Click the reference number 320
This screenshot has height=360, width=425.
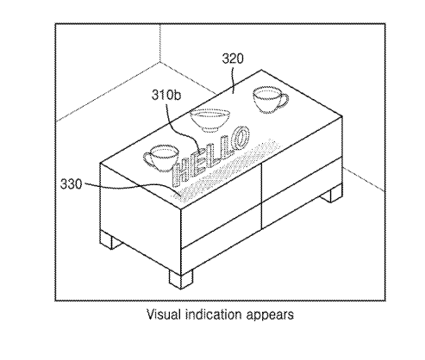(x=233, y=59)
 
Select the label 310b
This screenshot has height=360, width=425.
(x=166, y=95)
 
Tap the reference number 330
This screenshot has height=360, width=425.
(x=71, y=184)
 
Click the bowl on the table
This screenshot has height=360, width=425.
(x=210, y=121)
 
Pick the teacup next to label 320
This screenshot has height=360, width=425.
(x=270, y=100)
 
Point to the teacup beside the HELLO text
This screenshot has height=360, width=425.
(x=161, y=158)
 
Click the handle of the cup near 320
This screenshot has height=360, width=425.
(x=284, y=101)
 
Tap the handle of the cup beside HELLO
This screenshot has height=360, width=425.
(x=148, y=159)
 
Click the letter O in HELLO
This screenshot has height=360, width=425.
(x=241, y=137)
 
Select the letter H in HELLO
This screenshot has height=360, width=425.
(x=181, y=172)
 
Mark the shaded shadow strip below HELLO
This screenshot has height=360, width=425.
(x=227, y=170)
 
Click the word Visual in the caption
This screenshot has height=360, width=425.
(x=164, y=314)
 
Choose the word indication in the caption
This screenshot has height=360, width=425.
(x=214, y=314)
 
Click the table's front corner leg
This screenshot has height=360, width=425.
(x=181, y=278)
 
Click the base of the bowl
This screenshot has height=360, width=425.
(x=210, y=130)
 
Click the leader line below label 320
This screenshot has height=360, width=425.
(x=233, y=78)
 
